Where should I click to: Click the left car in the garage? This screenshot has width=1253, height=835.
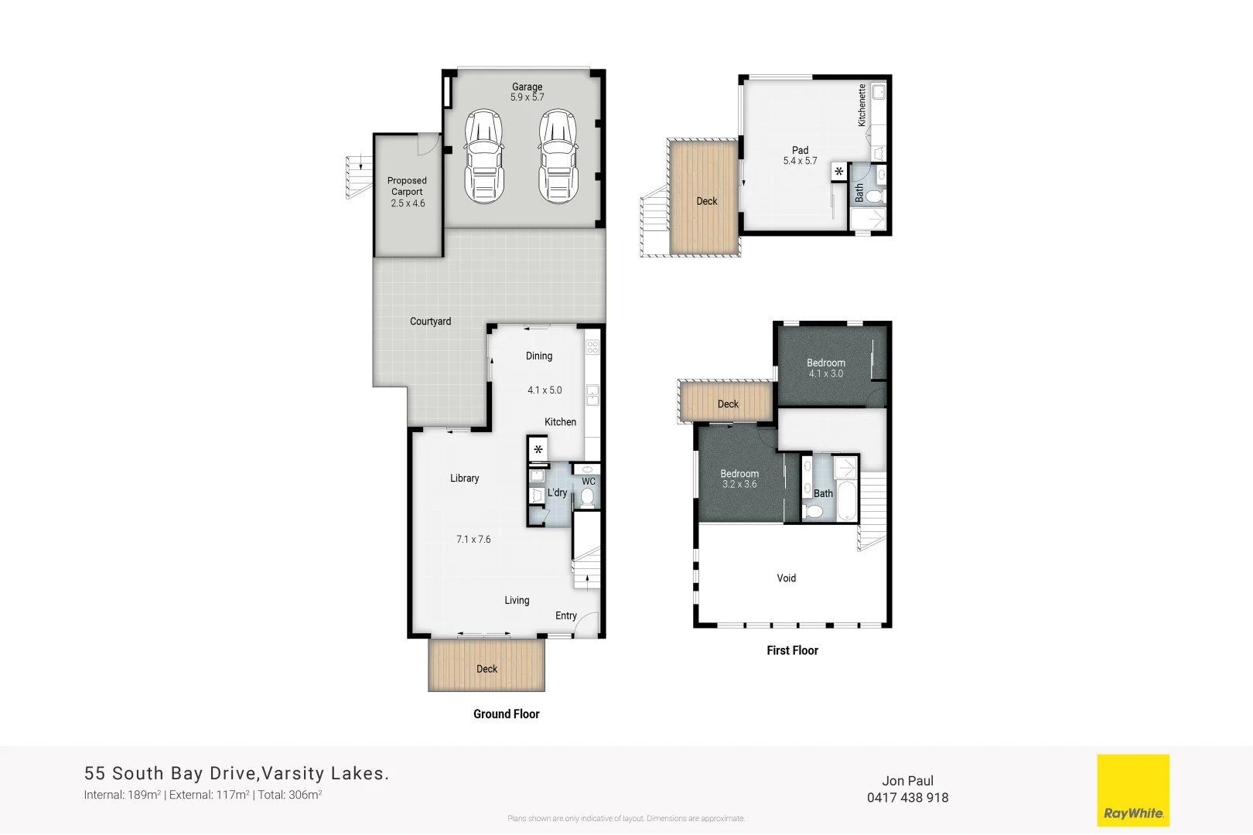click(x=483, y=156)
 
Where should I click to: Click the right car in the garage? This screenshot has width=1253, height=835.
click(x=558, y=156)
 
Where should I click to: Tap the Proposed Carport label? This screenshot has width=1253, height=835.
click(x=407, y=186)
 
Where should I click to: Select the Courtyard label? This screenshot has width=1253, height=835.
click(x=430, y=322)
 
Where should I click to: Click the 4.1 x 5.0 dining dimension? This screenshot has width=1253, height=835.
click(x=545, y=390)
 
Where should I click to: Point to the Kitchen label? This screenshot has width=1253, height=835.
click(x=560, y=422)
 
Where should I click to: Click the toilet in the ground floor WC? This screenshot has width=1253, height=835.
click(x=588, y=496)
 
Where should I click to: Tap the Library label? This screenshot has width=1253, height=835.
click(x=464, y=479)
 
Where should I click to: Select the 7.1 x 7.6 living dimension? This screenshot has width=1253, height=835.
click(x=473, y=540)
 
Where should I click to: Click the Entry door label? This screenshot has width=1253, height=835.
click(x=565, y=616)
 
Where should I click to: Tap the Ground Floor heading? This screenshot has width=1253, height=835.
click(x=506, y=714)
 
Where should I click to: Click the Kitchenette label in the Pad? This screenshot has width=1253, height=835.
click(x=862, y=105)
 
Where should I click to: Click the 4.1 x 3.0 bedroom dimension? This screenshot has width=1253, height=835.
click(x=826, y=374)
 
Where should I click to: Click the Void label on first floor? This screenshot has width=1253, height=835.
click(x=786, y=578)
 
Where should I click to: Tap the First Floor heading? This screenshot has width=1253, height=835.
click(x=792, y=651)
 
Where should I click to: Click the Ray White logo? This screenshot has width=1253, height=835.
click(x=1133, y=791)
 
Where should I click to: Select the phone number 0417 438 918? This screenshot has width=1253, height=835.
click(x=907, y=798)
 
